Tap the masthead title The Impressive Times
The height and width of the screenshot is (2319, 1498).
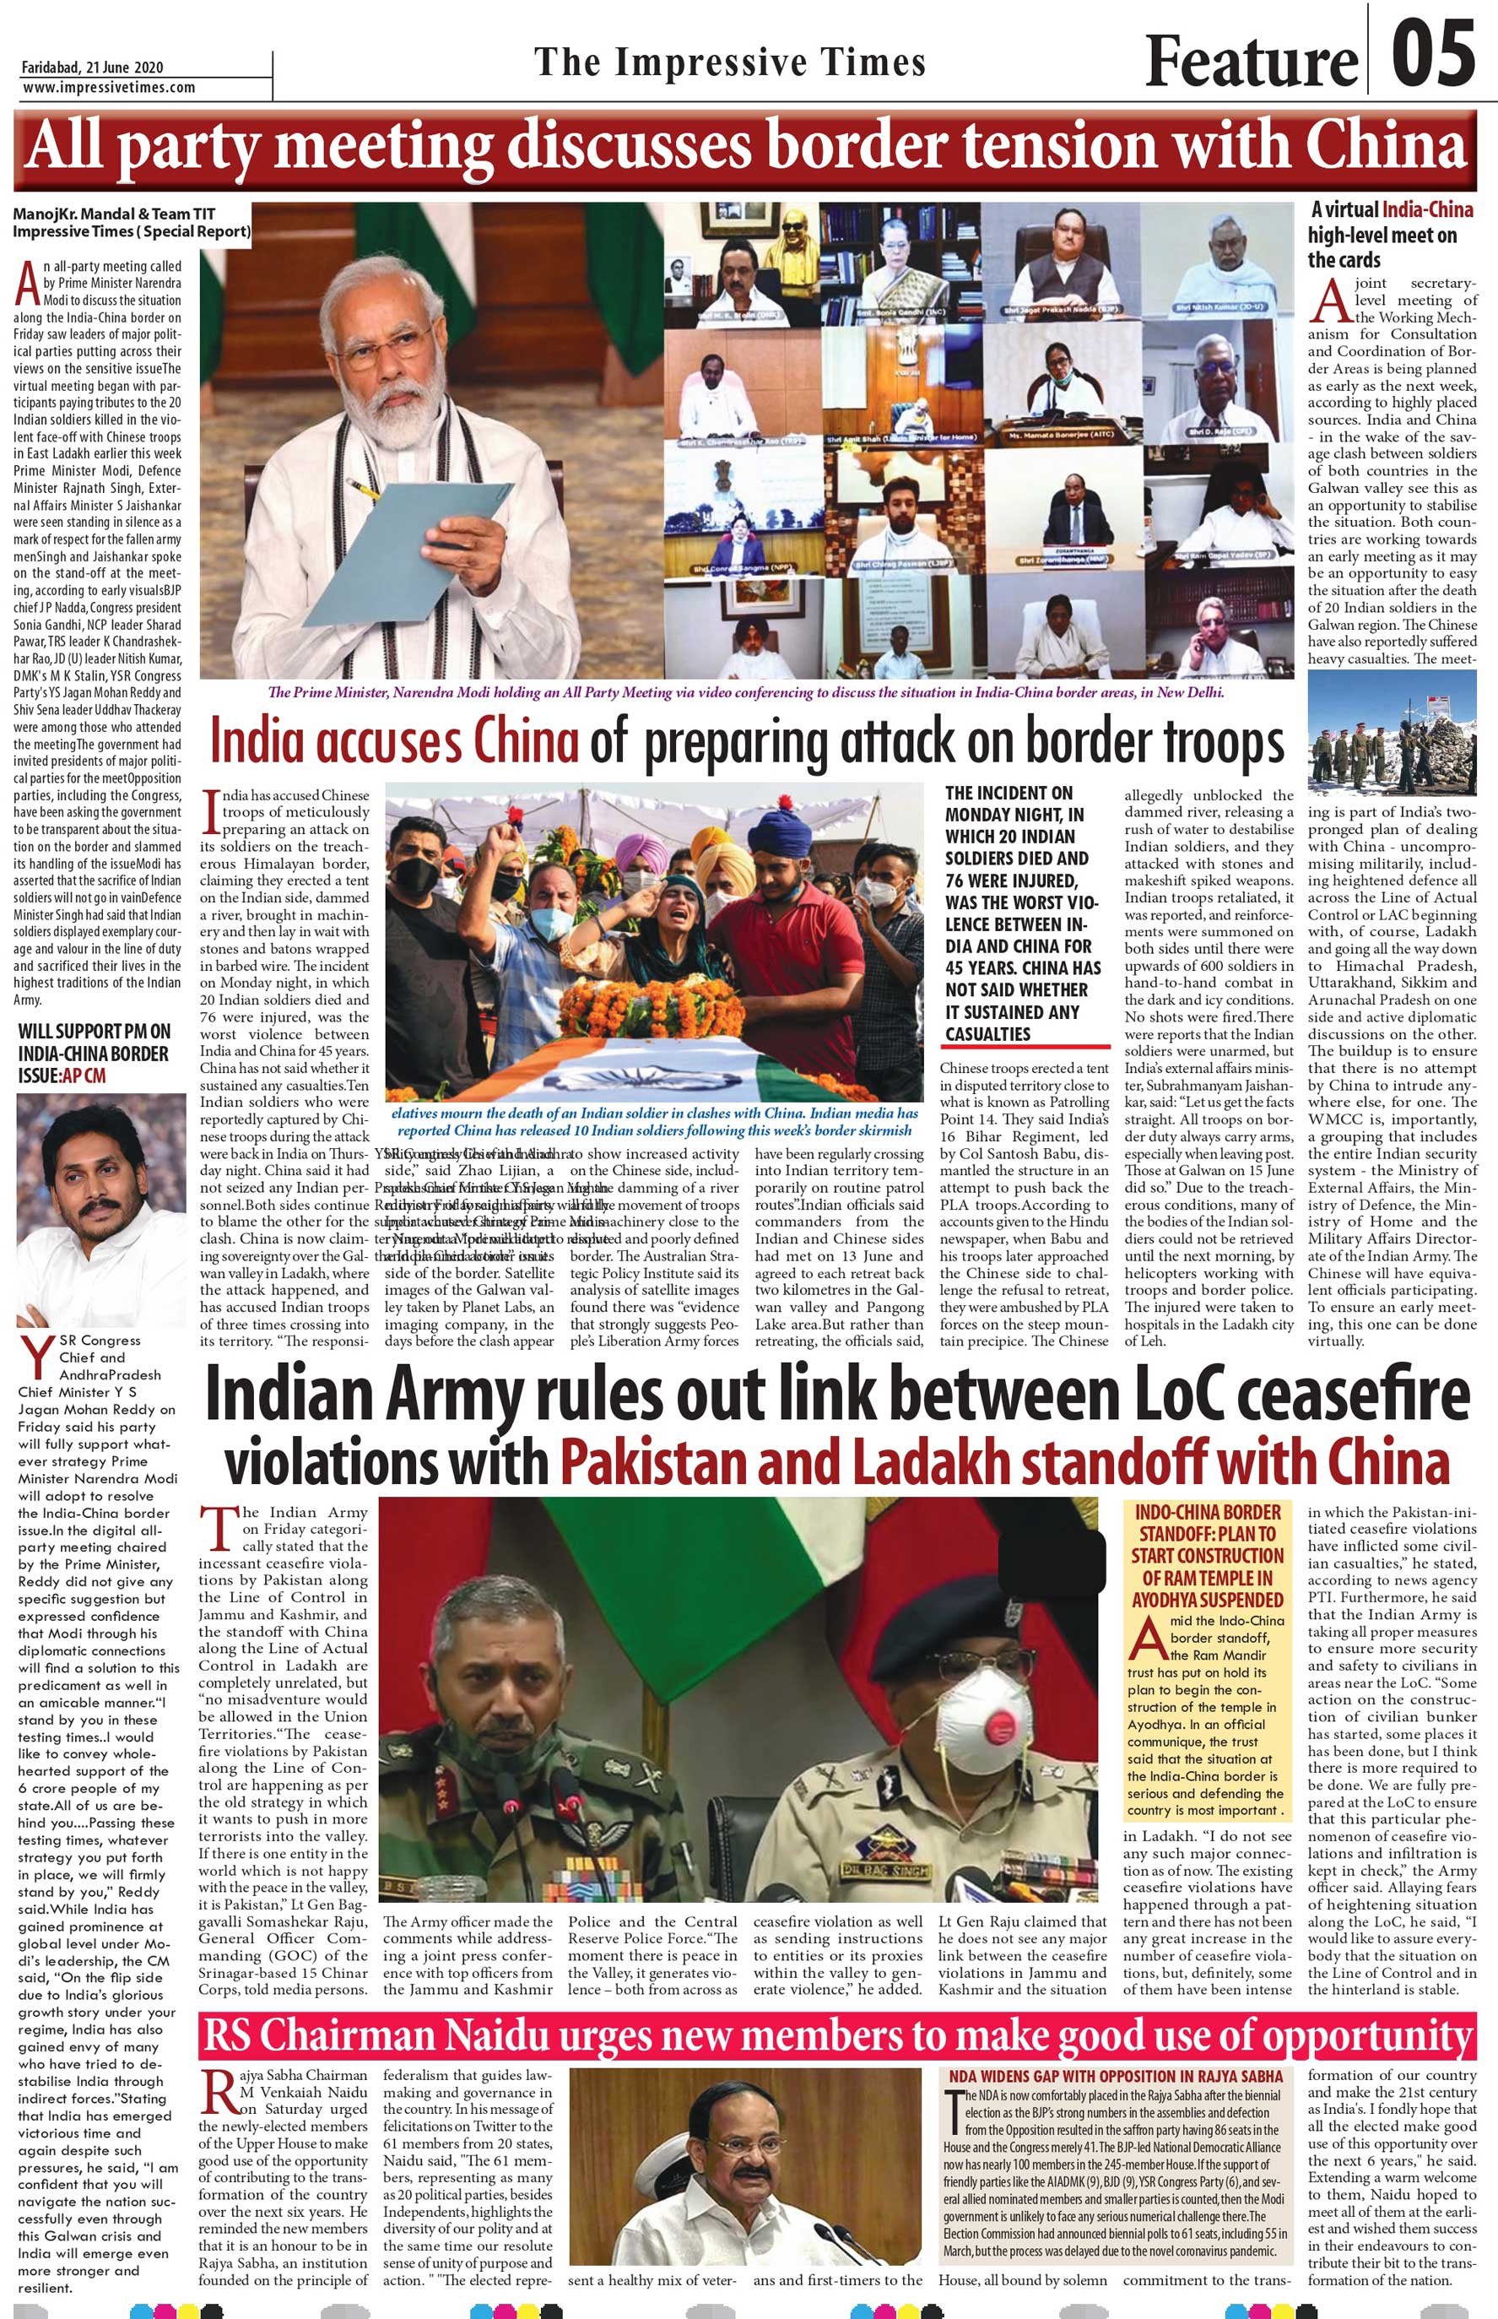729,63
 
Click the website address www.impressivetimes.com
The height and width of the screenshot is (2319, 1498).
108,88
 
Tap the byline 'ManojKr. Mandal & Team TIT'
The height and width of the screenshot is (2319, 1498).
114,214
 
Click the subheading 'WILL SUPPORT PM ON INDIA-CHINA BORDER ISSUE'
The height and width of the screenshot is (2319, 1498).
95,1053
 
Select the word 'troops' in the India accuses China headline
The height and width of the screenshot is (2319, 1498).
1223,743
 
